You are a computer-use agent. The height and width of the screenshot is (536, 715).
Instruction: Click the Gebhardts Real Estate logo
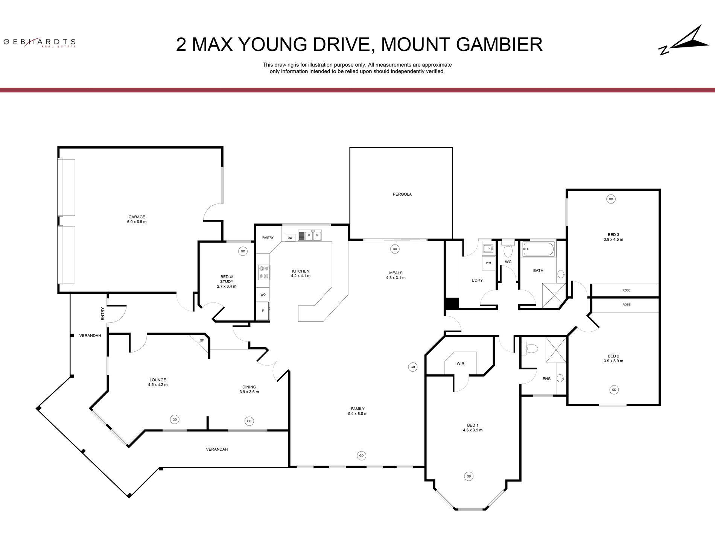coord(40,43)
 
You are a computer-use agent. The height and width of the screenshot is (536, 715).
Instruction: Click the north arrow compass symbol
coord(684,40)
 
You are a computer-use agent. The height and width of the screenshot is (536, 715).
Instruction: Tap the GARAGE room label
coord(137,217)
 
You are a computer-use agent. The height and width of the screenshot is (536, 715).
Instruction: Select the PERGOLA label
coord(402,194)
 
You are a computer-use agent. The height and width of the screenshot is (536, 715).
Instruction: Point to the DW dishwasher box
coord(290,238)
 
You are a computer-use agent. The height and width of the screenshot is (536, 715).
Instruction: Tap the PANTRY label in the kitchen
coord(268,238)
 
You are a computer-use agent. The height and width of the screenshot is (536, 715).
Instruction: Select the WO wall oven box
coord(263,295)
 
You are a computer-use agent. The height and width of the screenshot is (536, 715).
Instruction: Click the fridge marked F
coord(263,310)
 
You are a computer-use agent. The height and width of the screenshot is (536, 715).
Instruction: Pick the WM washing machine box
coord(488,263)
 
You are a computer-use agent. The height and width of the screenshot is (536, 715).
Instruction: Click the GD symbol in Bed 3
coord(611,199)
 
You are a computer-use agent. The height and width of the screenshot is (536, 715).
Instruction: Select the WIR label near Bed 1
coord(460,363)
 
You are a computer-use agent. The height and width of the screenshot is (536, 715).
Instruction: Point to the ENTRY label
coord(102,314)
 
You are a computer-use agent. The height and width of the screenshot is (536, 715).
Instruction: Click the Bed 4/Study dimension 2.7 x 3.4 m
coord(227,287)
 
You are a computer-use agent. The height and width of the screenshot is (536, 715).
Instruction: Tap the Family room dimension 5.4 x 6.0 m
coord(357,414)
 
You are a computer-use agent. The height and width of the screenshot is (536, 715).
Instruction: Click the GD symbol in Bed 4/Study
coord(243,251)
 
